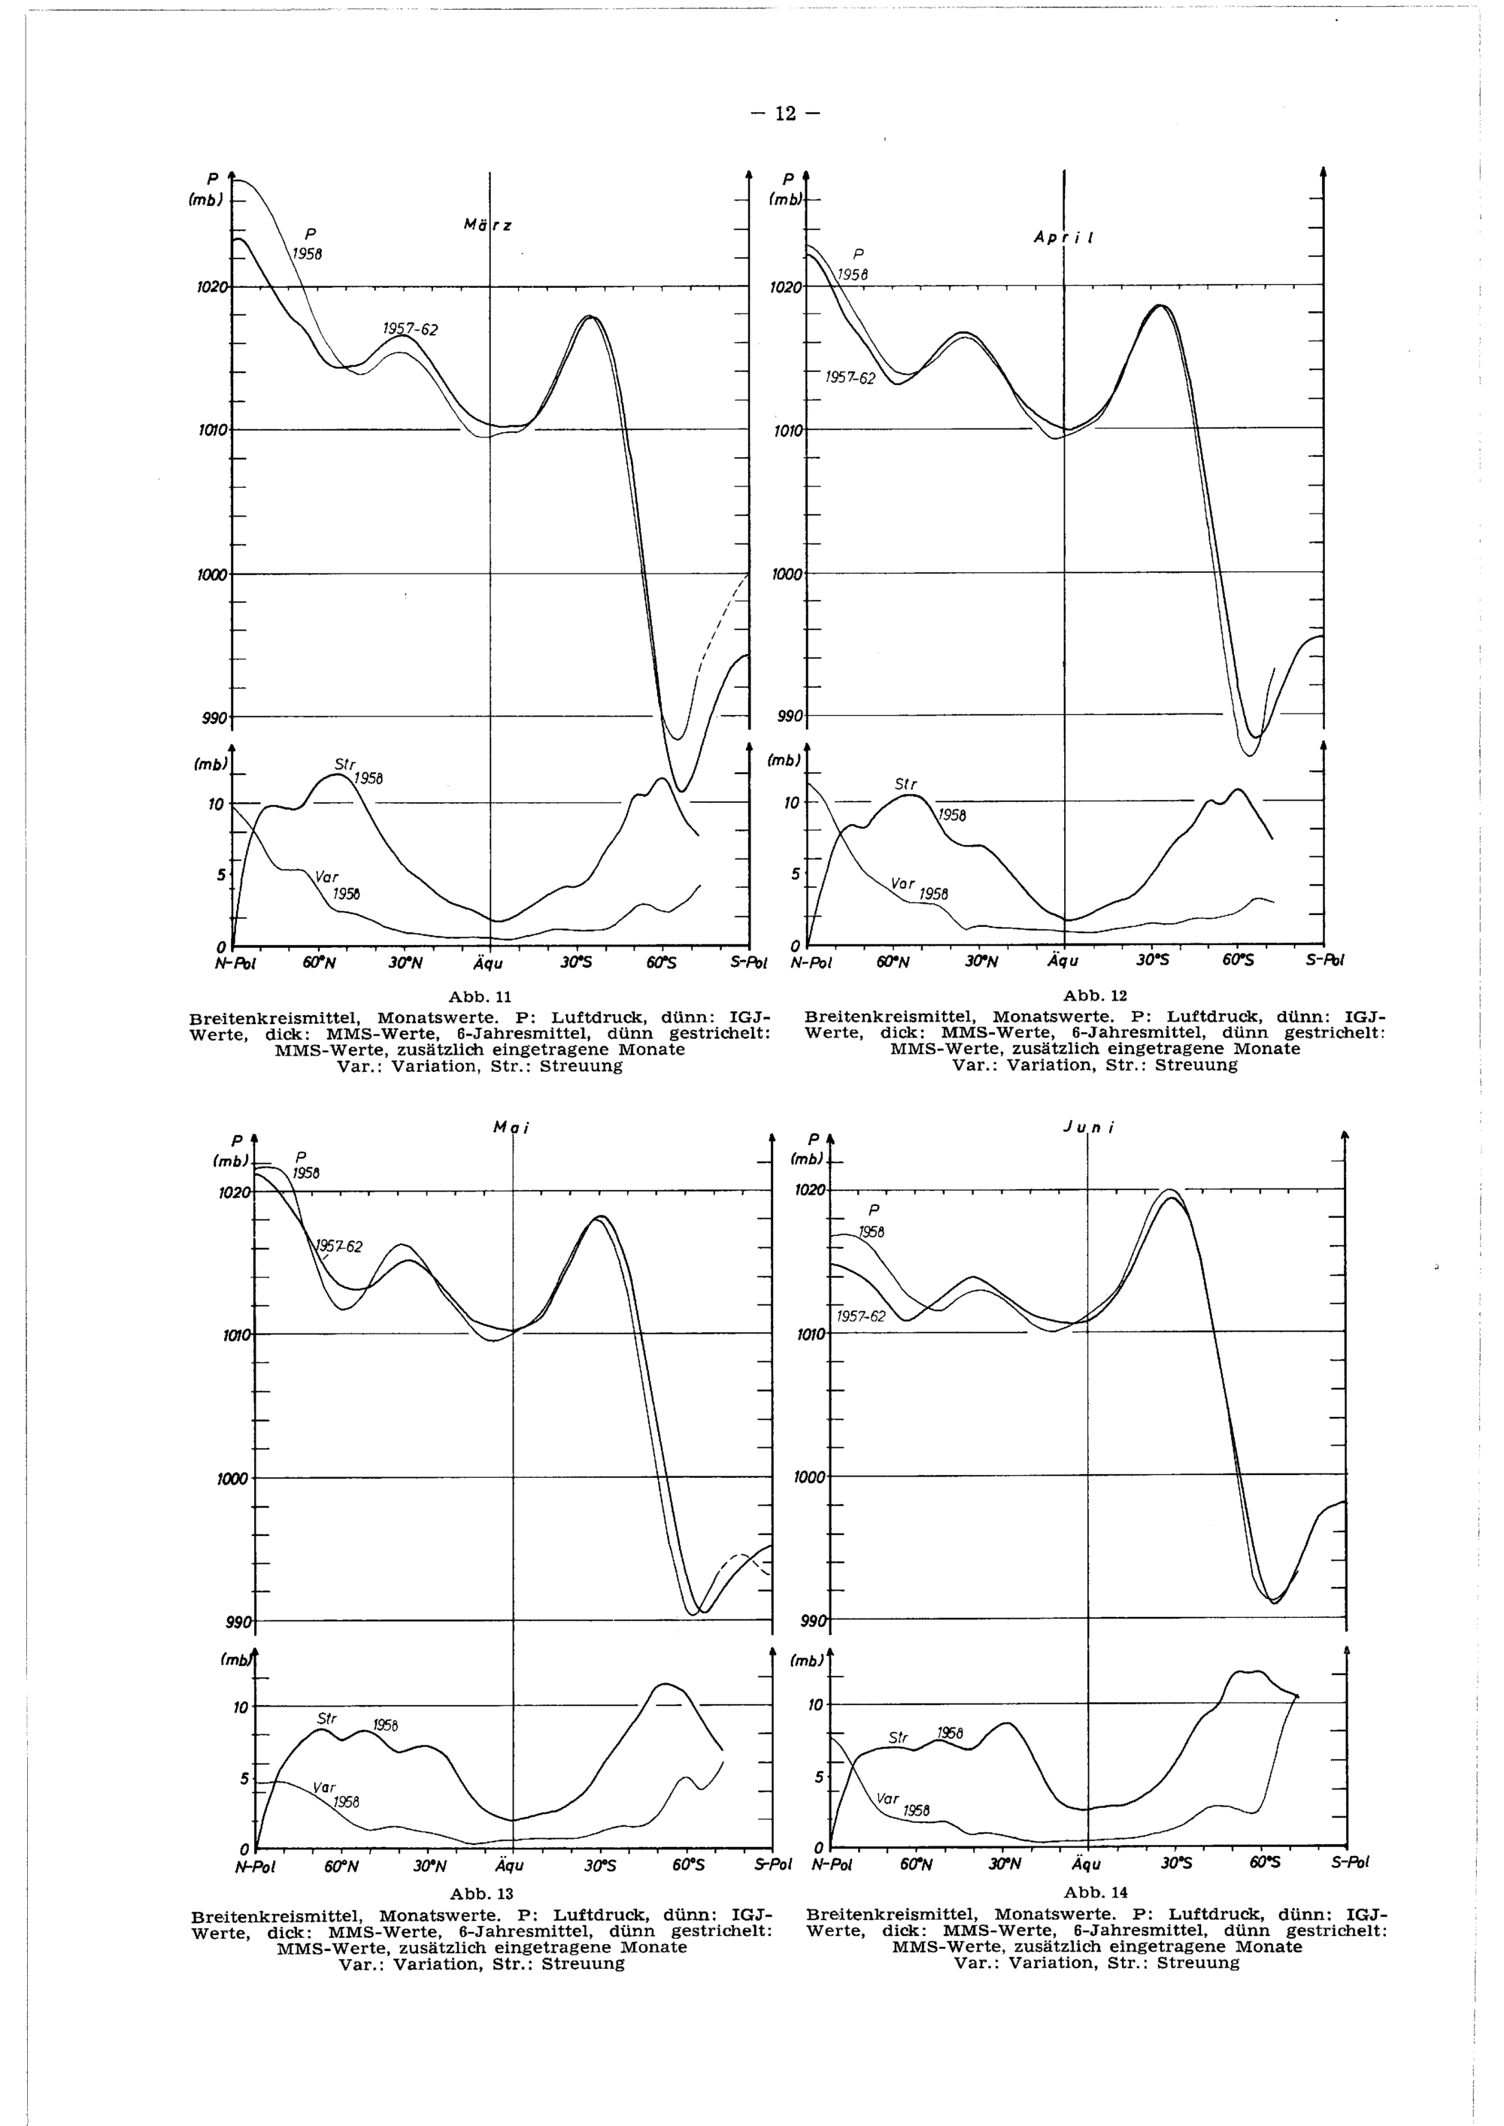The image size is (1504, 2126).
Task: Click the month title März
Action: (x=488, y=225)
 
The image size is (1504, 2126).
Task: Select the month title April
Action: (x=1065, y=237)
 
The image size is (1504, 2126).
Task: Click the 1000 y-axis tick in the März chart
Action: (x=211, y=575)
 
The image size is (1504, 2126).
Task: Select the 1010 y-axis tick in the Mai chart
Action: (x=235, y=1335)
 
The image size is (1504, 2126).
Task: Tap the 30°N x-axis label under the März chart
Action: (x=405, y=963)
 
